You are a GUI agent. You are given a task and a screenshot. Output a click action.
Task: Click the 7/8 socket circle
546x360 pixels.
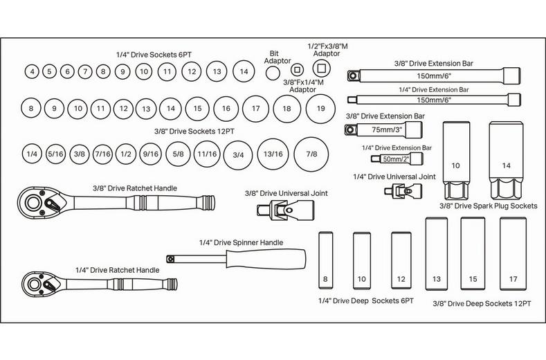[x=311, y=154]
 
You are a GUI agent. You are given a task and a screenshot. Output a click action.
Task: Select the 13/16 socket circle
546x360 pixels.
[x=273, y=154]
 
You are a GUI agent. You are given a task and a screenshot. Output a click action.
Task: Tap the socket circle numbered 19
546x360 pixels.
[x=320, y=108]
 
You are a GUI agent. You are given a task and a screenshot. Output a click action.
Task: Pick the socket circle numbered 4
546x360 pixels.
[x=31, y=71]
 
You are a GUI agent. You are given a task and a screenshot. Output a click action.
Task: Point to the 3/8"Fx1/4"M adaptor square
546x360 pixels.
[x=298, y=69]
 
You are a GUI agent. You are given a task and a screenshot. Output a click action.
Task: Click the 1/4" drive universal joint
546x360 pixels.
[x=394, y=190]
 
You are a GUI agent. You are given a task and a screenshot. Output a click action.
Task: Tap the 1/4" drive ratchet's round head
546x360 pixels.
[x=33, y=284]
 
